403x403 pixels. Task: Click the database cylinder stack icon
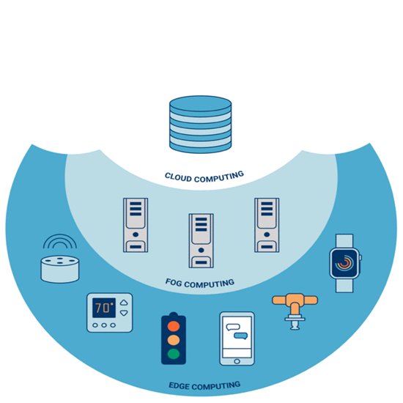tap(201, 125)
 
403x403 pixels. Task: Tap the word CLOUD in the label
tap(178, 177)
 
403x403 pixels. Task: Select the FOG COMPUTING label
tap(200, 284)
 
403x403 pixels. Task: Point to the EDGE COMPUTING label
tap(204, 385)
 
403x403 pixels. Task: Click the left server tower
tap(136, 225)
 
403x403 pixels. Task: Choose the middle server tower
tap(202, 241)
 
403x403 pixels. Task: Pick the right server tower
tap(267, 225)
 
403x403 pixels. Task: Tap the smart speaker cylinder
tap(60, 269)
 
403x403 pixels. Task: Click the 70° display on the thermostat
tap(104, 308)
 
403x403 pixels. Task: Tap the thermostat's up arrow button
tap(124, 303)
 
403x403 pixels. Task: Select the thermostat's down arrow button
tap(124, 313)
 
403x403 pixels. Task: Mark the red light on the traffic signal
tap(174, 326)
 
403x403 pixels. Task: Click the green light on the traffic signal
tap(174, 354)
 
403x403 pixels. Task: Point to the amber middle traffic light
tap(174, 340)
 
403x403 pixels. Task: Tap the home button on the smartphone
tap(237, 361)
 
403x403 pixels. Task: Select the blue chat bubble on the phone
tap(241, 336)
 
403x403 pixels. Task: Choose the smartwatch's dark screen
tap(344, 263)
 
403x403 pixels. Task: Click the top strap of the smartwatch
tap(344, 241)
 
